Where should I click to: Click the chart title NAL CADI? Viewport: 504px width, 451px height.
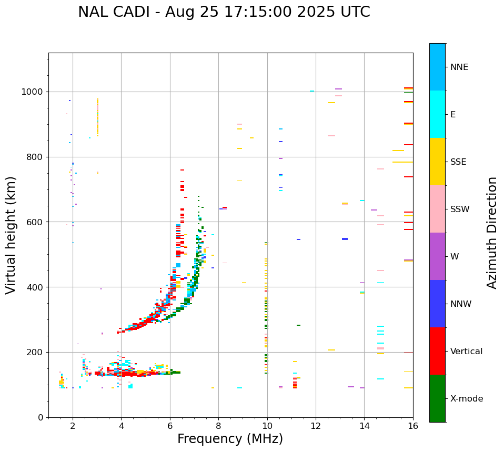pyautogui.click(x=224, y=12)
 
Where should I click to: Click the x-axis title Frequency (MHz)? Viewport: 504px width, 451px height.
pyautogui.click(x=230, y=439)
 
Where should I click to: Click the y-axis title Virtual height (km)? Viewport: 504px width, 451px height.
pyautogui.click(x=11, y=235)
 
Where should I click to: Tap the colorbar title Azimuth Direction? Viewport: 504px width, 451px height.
pyautogui.click(x=492, y=233)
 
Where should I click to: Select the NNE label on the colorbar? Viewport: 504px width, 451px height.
pyautogui.click(x=459, y=67)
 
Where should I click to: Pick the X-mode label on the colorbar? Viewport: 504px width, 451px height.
pyautogui.click(x=466, y=399)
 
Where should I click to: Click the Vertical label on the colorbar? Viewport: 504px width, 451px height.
pyautogui.click(x=466, y=352)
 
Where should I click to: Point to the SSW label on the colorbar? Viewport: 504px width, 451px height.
pyautogui.click(x=460, y=209)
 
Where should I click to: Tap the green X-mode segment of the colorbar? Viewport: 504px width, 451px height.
pyautogui.click(x=437, y=398)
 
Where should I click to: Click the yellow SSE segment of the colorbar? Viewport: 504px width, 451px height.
pyautogui.click(x=437, y=162)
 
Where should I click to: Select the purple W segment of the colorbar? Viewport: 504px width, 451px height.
pyautogui.click(x=437, y=256)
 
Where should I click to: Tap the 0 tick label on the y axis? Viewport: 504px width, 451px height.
pyautogui.click(x=40, y=417)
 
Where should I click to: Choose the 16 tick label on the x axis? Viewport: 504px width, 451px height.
pyautogui.click(x=412, y=426)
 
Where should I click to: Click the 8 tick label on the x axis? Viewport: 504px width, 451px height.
pyautogui.click(x=218, y=426)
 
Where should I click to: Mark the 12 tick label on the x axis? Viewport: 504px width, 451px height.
pyautogui.click(x=316, y=426)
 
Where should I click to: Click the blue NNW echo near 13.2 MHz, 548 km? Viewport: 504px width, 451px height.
pyautogui.click(x=345, y=239)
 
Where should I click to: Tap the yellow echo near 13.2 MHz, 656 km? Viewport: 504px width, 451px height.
pyautogui.click(x=345, y=204)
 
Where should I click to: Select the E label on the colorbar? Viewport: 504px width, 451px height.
pyautogui.click(x=452, y=115)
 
